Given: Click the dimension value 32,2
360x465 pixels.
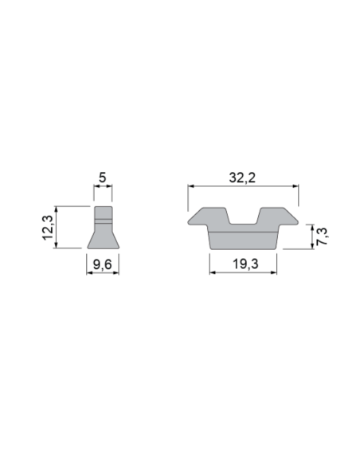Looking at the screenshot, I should (242, 178).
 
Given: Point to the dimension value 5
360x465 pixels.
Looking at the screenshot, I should (102, 178).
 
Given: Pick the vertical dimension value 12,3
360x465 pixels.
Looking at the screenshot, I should (49, 227).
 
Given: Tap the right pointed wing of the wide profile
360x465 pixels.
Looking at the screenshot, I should (289, 220).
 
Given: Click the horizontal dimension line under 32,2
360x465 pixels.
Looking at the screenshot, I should (242, 187).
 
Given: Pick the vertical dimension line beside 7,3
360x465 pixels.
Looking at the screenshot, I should (308, 236).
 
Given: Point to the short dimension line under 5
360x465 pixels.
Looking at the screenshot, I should (102, 187).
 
